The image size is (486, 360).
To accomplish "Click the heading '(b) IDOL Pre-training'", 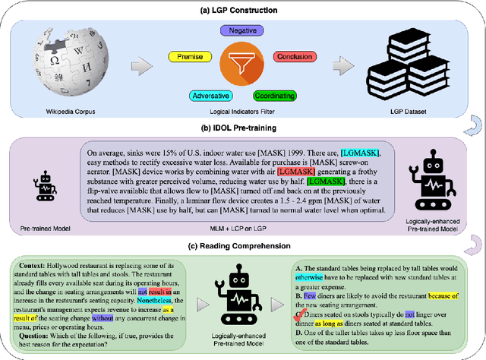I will (243, 129).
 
